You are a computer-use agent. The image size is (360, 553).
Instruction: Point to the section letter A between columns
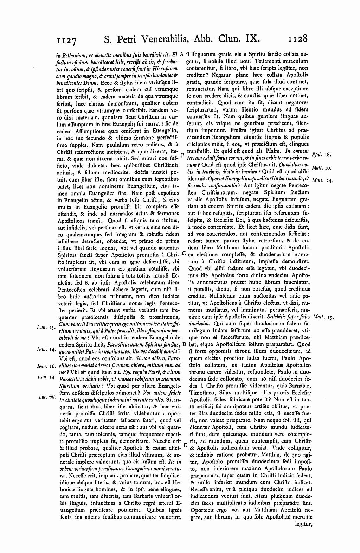[x=182, y=55]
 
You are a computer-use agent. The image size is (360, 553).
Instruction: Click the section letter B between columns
[x=182, y=155]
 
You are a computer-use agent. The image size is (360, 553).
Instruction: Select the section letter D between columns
[x=184, y=344]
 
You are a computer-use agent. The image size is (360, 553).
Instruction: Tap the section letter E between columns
[x=185, y=445]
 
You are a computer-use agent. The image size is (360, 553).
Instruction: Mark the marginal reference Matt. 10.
[x=321, y=168]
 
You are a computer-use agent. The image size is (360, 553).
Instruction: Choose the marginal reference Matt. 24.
[x=322, y=180]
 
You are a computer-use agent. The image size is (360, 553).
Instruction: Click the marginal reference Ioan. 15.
[x=44, y=328]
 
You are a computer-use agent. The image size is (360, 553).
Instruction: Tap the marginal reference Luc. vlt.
[x=45, y=396]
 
